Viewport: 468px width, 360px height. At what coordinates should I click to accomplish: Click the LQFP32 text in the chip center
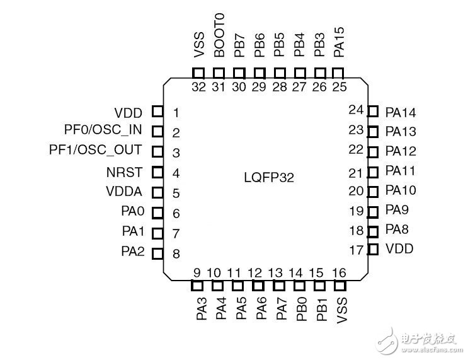269,178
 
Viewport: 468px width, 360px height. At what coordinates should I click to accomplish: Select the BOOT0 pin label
219,35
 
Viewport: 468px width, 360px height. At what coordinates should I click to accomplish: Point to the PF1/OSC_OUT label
95,151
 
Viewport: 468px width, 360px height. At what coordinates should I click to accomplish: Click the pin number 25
340,87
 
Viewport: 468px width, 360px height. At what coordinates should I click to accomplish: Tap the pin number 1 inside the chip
176,113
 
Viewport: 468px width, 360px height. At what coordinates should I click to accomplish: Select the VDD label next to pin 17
400,249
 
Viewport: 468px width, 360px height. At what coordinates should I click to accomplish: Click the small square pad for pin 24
373,112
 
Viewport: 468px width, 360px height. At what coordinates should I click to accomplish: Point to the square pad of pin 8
157,253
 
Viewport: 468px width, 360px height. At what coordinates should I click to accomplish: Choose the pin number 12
255,273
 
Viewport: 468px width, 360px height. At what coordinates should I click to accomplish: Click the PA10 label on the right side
401,190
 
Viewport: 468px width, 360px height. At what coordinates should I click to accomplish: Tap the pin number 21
357,172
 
